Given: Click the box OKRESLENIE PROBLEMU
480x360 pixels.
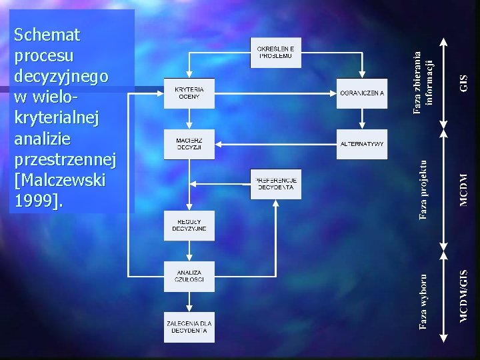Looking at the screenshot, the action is click(x=275, y=53).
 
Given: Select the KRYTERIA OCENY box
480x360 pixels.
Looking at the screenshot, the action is click(x=189, y=93).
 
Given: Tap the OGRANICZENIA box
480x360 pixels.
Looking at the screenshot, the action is click(x=362, y=93).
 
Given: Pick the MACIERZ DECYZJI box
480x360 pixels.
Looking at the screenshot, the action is click(x=189, y=144).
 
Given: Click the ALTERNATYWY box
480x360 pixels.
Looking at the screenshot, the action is click(x=362, y=143).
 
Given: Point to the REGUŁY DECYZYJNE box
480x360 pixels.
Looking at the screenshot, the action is click(x=189, y=225).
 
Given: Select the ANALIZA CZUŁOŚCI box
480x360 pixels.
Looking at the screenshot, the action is click(x=189, y=276).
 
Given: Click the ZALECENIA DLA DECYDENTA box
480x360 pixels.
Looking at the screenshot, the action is click(x=189, y=327).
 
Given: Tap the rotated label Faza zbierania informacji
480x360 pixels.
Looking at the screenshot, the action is click(x=423, y=83).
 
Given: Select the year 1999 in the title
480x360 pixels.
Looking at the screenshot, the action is click(x=34, y=201).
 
